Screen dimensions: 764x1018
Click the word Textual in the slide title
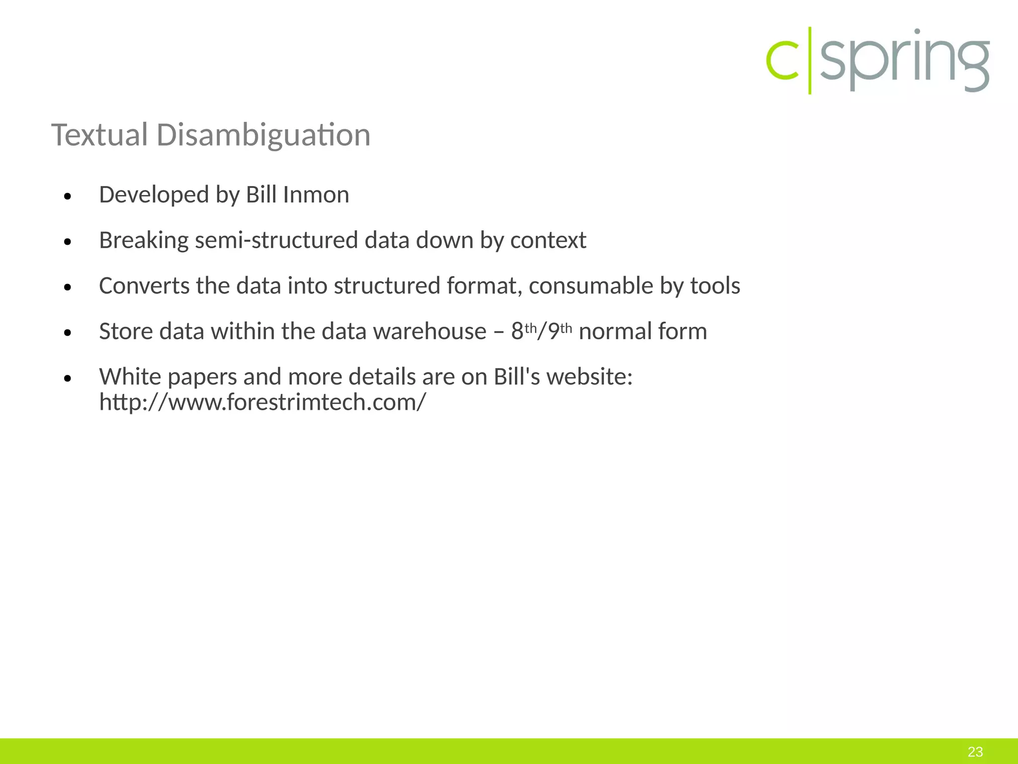pos(99,135)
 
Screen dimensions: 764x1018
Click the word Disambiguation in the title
pos(263,136)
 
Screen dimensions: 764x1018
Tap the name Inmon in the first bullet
pos(316,194)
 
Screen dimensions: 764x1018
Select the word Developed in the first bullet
pos(154,195)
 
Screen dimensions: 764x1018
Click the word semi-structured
pos(276,240)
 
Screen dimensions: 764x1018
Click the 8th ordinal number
pos(523,331)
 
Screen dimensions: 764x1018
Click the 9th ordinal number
pos(560,331)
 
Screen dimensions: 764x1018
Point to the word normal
pos(615,331)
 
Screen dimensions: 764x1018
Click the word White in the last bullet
pos(130,377)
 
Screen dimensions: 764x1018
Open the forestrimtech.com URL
pos(262,402)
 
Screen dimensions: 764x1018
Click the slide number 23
pos(975,752)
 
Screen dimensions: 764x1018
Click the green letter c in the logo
pos(782,61)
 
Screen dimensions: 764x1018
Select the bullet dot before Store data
pos(68,333)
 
